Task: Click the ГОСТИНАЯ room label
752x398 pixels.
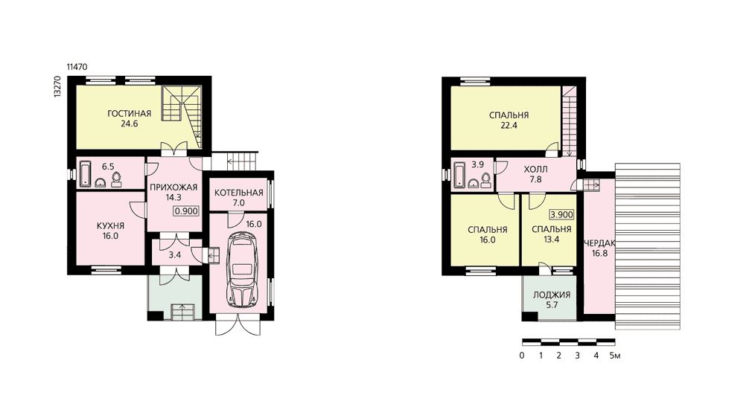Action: tap(129, 114)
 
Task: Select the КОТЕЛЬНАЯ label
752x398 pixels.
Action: tap(239, 193)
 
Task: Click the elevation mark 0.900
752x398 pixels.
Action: tap(186, 211)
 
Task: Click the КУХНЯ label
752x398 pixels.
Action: tap(110, 225)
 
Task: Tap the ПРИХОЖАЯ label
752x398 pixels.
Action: tap(173, 187)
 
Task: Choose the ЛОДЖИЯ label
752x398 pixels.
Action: tap(552, 295)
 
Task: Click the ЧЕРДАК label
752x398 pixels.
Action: tap(599, 243)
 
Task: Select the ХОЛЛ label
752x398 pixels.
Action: tap(535, 170)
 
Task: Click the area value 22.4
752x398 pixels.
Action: tap(509, 126)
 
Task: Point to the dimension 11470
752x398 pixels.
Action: tap(77, 67)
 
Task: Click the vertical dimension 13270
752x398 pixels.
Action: tap(57, 87)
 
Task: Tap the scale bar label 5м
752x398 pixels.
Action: tap(615, 356)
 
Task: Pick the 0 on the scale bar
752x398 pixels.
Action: tap(521, 356)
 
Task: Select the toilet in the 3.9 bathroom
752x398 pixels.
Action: tap(486, 179)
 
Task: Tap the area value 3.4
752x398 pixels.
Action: tap(175, 254)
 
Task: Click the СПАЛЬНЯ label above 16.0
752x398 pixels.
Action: tap(487, 229)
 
